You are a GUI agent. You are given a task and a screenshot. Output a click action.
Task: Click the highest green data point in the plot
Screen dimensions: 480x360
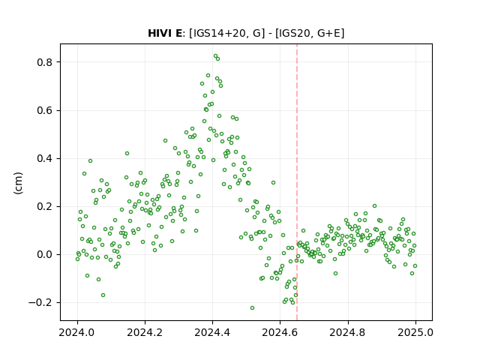(215, 56)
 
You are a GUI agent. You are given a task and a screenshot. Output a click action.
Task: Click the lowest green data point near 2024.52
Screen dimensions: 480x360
(252, 307)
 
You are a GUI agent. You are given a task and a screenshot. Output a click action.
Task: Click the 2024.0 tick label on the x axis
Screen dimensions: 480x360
(76, 332)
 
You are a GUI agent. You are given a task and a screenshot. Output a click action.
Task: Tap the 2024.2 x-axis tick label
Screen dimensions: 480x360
(145, 332)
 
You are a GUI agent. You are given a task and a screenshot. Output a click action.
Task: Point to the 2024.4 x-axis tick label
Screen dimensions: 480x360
(212, 332)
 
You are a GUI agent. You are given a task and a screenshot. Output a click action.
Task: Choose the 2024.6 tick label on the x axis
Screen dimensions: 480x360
(280, 332)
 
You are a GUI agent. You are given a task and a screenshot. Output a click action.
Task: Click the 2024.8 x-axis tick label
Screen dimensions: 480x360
(347, 332)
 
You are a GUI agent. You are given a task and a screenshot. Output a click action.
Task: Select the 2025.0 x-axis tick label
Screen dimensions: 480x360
(415, 332)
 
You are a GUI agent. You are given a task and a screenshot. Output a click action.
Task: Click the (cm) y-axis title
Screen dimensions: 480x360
(18, 183)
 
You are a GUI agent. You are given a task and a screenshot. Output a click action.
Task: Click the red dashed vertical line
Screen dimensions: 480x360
(297, 182)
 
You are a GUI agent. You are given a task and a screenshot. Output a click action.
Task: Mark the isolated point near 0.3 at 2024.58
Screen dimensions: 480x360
(273, 182)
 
